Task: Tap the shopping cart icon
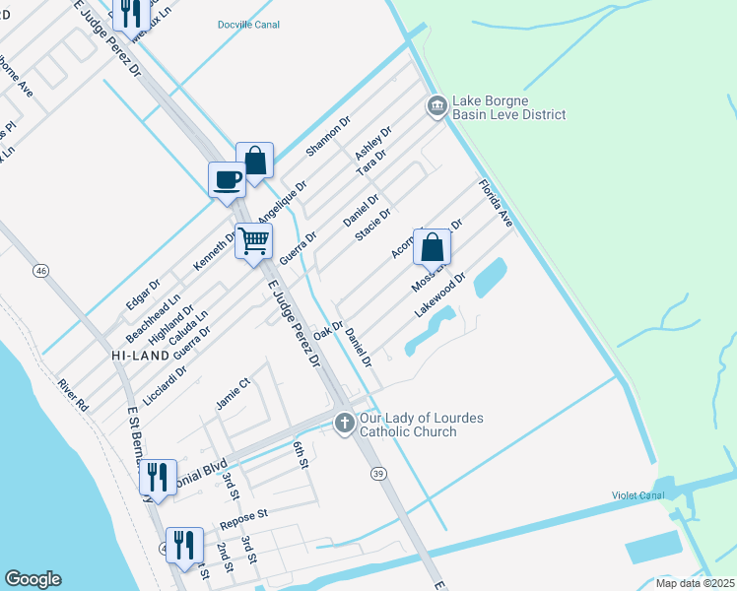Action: point(253,239)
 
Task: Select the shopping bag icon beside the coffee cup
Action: point(254,160)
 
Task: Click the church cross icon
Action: point(344,423)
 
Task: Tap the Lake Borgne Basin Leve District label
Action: point(508,107)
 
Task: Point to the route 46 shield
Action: point(40,270)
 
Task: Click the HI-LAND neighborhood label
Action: point(136,354)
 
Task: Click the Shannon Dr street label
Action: point(328,137)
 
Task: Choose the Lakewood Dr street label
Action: point(438,297)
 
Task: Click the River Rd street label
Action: point(73,394)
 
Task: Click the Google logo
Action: point(33,579)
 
